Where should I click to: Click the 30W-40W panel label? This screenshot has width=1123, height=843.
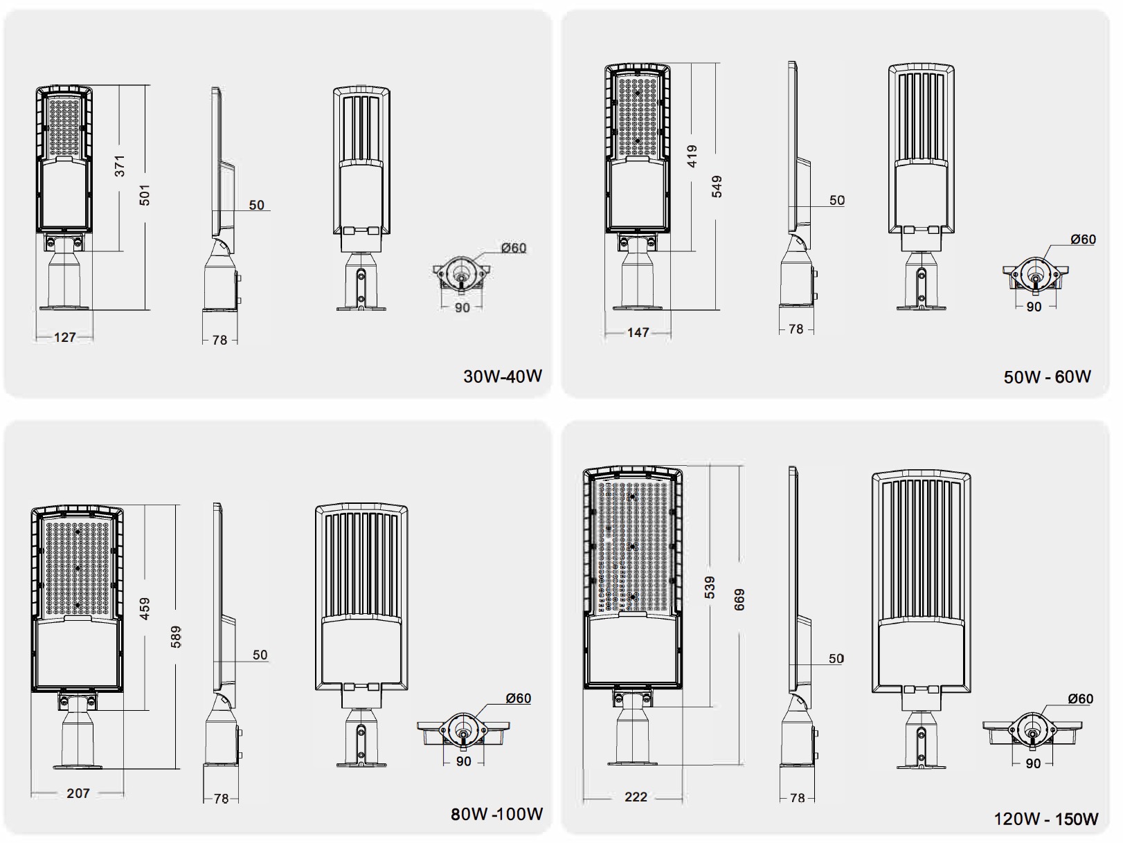(503, 377)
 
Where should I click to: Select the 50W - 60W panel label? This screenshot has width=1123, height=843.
(1048, 377)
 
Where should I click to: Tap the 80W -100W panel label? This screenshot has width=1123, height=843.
(497, 814)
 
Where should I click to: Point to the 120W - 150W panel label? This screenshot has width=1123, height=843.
(1045, 819)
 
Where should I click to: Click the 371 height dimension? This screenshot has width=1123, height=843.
(120, 166)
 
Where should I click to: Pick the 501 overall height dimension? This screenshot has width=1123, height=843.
(145, 195)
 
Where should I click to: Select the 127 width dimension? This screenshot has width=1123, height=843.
(65, 337)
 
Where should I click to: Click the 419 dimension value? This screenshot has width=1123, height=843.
(692, 156)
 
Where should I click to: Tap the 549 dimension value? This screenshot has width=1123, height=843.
(717, 187)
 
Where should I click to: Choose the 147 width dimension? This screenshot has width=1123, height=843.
(638, 333)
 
